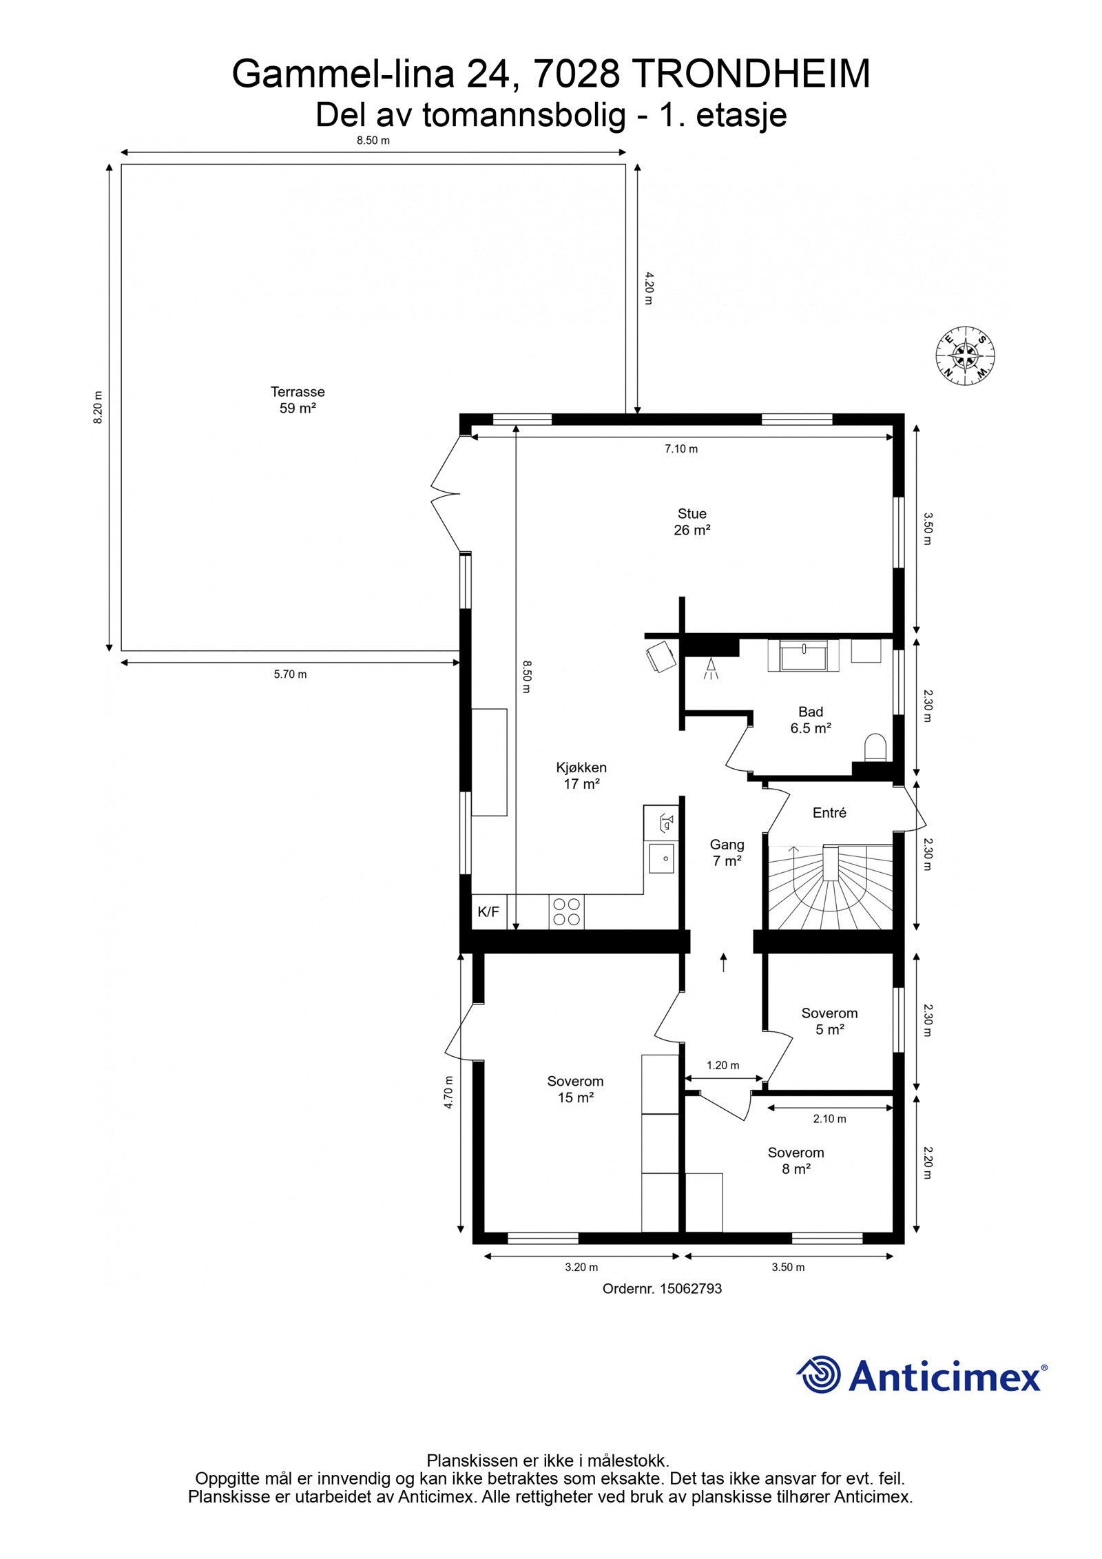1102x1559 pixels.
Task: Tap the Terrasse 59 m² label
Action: coord(298,400)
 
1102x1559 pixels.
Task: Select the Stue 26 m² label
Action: coord(692,522)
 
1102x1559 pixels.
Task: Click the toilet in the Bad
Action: coord(875,747)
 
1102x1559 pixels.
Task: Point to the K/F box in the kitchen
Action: coord(488,911)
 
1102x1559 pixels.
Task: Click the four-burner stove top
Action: coord(566,911)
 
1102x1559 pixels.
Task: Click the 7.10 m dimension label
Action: coord(680,449)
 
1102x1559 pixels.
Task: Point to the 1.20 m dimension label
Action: coord(722,1065)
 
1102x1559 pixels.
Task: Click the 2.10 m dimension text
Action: coord(829,1119)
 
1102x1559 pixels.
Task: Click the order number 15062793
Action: coord(691,1288)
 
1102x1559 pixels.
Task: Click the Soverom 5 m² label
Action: coord(829,1021)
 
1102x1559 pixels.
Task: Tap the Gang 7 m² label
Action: coord(727,852)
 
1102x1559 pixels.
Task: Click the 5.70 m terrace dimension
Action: coord(290,674)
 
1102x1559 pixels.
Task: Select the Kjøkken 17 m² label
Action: coord(581,775)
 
